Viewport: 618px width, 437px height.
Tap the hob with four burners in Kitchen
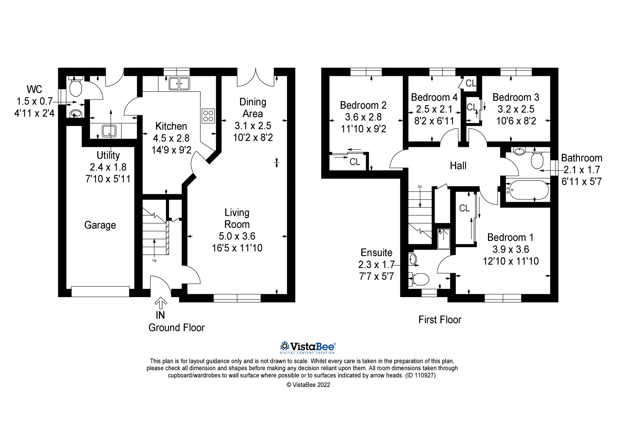click(208, 116)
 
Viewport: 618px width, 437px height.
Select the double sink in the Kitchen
click(179, 83)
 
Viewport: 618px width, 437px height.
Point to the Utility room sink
click(109, 131)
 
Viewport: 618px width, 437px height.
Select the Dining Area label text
click(253, 108)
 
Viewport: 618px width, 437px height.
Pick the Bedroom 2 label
click(363, 105)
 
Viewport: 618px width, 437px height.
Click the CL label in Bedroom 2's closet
click(355, 162)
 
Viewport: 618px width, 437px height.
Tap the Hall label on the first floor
click(458, 166)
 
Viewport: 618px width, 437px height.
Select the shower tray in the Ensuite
click(443, 239)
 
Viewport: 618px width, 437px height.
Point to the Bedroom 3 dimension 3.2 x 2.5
click(516, 109)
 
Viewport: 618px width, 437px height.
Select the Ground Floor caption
click(177, 328)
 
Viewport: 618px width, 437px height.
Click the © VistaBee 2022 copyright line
click(308, 385)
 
